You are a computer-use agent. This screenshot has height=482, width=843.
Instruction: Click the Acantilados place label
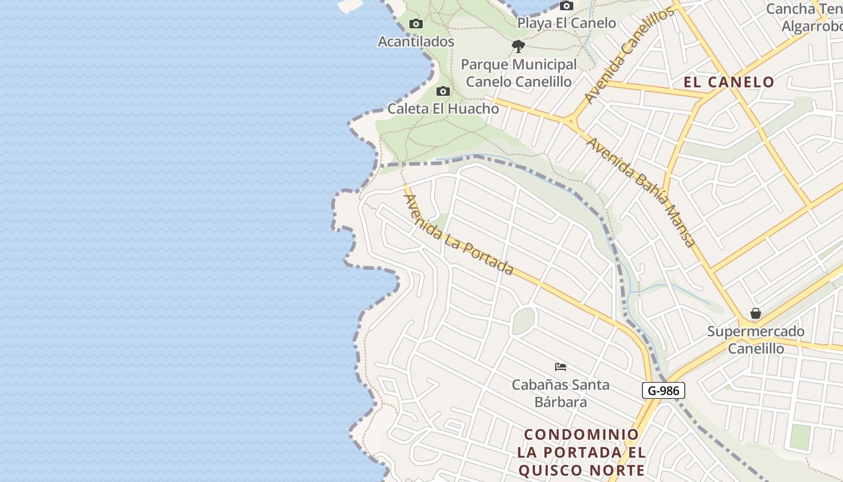pyautogui.click(x=415, y=42)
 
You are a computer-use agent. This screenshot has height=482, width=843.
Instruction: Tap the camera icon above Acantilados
pyautogui.click(x=415, y=24)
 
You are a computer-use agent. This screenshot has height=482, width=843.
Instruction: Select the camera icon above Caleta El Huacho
pyautogui.click(x=443, y=92)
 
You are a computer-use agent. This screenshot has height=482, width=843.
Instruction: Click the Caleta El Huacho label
pyautogui.click(x=443, y=109)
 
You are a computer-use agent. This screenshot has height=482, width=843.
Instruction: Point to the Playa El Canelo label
pyautogui.click(x=567, y=23)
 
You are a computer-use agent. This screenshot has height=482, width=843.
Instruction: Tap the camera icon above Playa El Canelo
pyautogui.click(x=566, y=6)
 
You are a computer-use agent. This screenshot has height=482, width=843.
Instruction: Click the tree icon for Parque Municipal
pyautogui.click(x=518, y=46)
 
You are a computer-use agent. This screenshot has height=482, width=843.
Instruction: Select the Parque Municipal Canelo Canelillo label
pyautogui.click(x=518, y=73)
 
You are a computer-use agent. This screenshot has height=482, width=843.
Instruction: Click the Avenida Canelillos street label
pyautogui.click(x=629, y=56)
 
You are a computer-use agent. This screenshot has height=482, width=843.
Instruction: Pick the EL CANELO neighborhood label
pyautogui.click(x=729, y=82)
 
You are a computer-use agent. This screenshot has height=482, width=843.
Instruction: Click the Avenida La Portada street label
pyautogui.click(x=458, y=235)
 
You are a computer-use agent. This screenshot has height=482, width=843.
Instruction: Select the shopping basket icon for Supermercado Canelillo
pyautogui.click(x=755, y=314)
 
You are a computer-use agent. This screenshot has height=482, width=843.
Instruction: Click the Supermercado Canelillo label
pyautogui.click(x=756, y=340)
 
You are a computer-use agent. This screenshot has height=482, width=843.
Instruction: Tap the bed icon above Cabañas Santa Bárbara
pyautogui.click(x=561, y=366)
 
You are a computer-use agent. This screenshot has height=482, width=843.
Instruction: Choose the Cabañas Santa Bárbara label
pyautogui.click(x=561, y=393)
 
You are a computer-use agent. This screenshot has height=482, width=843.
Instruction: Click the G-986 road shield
pyautogui.click(x=664, y=390)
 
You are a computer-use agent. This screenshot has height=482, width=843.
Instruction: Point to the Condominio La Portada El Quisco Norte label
pyautogui.click(x=581, y=452)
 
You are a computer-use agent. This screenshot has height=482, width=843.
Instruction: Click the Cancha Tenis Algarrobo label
pyautogui.click(x=807, y=18)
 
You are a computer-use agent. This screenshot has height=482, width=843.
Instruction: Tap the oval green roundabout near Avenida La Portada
pyautogui.click(x=523, y=321)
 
